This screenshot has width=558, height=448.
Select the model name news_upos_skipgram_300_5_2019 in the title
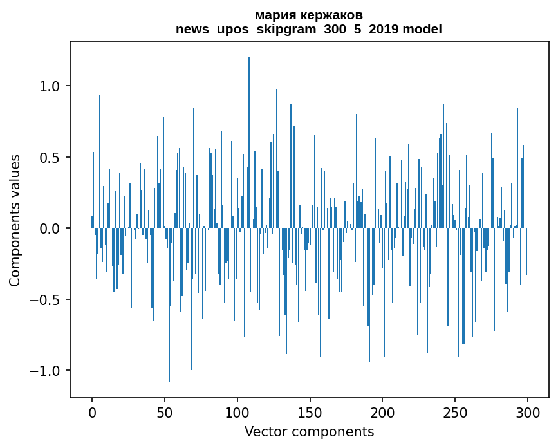(x=292, y=29)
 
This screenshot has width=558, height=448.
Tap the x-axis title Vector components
(x=309, y=432)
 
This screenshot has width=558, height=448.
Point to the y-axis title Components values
(x=15, y=220)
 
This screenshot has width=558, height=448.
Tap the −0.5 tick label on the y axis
(x=44, y=300)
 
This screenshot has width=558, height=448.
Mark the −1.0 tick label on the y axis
(x=44, y=371)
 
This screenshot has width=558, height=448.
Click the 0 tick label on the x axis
(x=92, y=412)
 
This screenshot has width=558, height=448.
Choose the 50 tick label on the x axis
(x=165, y=412)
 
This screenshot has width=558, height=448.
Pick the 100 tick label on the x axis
(x=237, y=412)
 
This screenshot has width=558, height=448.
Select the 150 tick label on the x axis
(x=310, y=412)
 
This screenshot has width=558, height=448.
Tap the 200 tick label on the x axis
(x=383, y=412)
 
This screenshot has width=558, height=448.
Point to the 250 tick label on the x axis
(x=455, y=412)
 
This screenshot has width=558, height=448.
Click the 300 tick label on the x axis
(x=528, y=412)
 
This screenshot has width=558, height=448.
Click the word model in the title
(x=423, y=29)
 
